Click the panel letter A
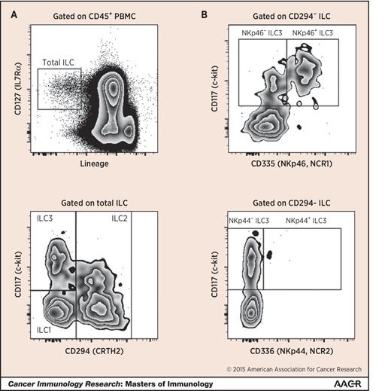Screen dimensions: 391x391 pos(14,15)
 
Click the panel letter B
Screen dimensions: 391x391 pos(205,15)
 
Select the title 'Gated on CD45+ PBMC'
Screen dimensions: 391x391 pos(94,17)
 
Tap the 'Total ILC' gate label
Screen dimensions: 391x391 pos(58,63)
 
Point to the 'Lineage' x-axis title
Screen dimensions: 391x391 pos(94,163)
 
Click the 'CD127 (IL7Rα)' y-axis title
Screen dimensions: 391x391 pos(18,89)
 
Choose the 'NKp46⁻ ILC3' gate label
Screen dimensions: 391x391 pos(262,33)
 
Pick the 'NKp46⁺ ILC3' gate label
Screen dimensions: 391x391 pos(312,33)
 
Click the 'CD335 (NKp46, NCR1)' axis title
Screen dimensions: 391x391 pos(292,163)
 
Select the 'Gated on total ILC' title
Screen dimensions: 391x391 pos(94,203)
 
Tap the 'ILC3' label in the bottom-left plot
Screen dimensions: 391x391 pos(44,218)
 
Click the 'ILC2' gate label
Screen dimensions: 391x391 pos(120,218)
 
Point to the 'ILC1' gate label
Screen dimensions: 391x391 pos(44,330)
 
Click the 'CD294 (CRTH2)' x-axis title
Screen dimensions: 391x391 pos(94,351)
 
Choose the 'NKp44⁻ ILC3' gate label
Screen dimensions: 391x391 pos(249,221)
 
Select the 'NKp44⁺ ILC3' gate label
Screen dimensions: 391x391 pos(306,221)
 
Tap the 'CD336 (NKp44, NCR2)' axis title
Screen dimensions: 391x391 pos(292,351)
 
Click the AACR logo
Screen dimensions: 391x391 pos(347,383)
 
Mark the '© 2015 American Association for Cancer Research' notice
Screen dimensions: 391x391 pos(294,369)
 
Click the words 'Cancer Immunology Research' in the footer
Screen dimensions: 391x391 pos(64,384)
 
